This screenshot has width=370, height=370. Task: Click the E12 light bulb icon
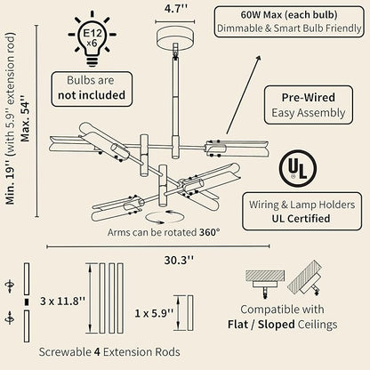(92, 38)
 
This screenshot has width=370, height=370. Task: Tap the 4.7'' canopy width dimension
(176, 8)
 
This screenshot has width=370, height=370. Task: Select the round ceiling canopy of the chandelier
(175, 36)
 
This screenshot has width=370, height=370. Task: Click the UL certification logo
(297, 168)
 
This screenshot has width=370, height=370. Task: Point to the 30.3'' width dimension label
(179, 261)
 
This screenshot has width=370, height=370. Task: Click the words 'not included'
(92, 95)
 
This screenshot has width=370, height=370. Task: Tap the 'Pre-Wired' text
(309, 98)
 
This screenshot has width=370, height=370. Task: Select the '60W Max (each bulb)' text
(289, 15)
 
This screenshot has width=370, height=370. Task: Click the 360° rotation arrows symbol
(165, 217)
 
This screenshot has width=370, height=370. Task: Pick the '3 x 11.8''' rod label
(62, 302)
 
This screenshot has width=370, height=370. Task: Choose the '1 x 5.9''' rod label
(154, 313)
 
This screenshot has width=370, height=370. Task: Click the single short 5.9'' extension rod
(190, 313)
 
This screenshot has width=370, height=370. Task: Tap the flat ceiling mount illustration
(265, 283)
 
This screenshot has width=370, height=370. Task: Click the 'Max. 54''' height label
(25, 117)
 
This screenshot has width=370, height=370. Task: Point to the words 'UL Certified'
(301, 219)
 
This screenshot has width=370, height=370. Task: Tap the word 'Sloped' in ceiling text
(276, 325)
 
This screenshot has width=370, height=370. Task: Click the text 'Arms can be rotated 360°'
(164, 232)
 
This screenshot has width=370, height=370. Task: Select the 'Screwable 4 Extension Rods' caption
(109, 352)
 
